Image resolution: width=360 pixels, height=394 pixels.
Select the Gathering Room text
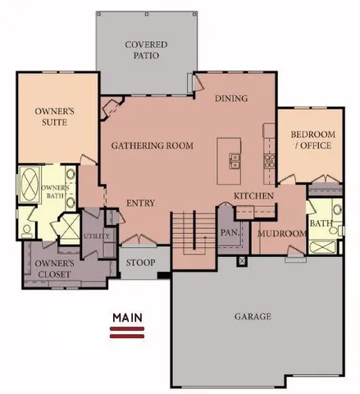pyautogui.click(x=152, y=146)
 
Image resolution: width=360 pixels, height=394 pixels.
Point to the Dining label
pyautogui.click(x=231, y=98)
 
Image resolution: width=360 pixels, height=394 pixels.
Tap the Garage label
pyautogui.click(x=251, y=316)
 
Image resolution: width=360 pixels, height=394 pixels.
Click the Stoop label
pyautogui.click(x=141, y=264)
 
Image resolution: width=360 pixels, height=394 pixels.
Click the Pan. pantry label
pyautogui.click(x=229, y=232)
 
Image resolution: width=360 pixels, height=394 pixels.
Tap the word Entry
pyautogui.click(x=140, y=204)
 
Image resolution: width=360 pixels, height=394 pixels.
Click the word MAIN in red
pyautogui.click(x=128, y=317)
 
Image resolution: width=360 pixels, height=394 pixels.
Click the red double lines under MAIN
pyautogui.click(x=128, y=331)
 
